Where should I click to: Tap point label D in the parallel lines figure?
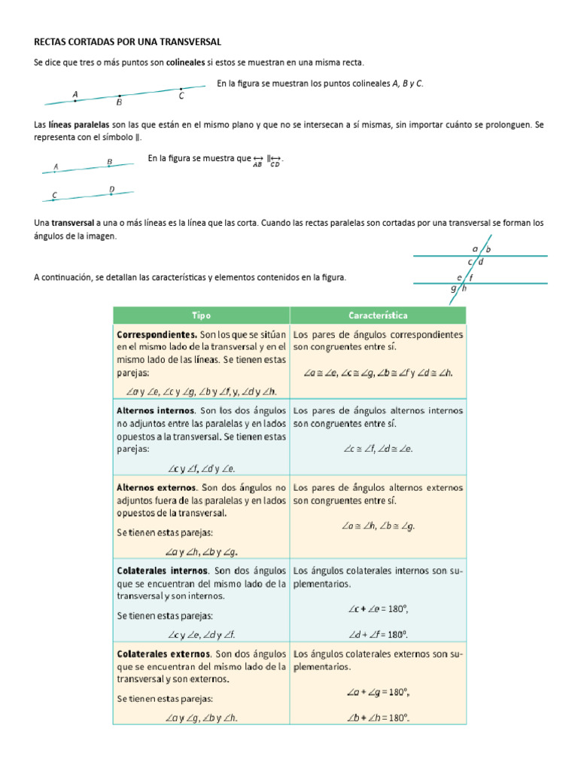[112, 190]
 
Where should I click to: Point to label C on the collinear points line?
[181, 96]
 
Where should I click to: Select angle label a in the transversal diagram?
[475, 248]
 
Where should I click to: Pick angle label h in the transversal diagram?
[464, 288]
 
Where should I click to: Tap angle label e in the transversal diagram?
[459, 277]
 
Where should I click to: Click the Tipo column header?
[201, 315]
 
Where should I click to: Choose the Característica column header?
[378, 315]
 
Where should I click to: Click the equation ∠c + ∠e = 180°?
[378, 608]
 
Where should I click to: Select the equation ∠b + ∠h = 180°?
[378, 717]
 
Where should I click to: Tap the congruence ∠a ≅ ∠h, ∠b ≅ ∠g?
[378, 526]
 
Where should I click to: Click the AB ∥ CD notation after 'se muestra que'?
[267, 161]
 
